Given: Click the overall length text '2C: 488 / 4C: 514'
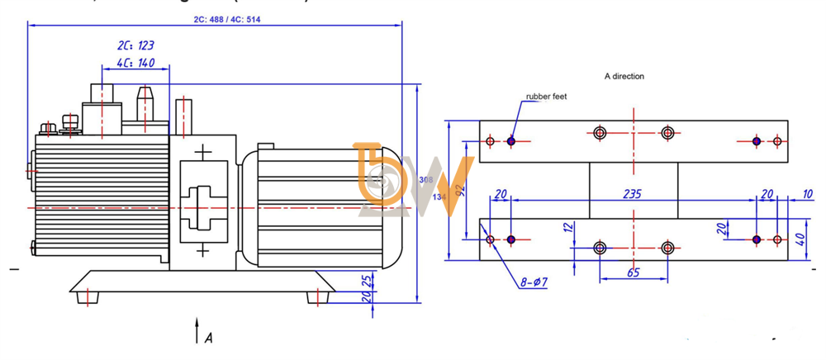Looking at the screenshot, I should tap(217, 17).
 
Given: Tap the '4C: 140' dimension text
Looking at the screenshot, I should tap(135, 63).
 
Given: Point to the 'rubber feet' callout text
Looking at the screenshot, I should tap(547, 97).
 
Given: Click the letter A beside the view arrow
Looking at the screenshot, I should tap(209, 337).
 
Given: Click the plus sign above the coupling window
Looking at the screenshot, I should tap(202, 154).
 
